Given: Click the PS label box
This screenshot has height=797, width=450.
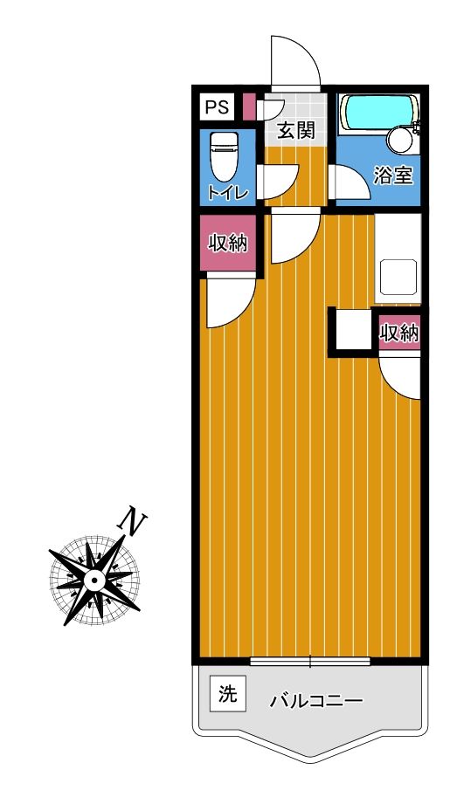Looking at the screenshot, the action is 217,107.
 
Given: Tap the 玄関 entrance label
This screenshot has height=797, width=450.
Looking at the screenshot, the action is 295,131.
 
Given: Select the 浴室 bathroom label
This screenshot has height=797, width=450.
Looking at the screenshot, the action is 392,175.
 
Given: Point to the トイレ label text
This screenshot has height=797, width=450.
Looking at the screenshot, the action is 227,193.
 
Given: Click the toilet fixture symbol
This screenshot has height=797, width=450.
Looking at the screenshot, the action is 224,156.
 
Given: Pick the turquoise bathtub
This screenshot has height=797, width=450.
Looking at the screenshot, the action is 379,113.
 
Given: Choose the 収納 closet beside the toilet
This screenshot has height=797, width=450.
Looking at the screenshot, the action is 227,243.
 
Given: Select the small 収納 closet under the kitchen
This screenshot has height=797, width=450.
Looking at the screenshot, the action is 399,333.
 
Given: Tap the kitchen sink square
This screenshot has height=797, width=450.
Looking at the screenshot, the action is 398,277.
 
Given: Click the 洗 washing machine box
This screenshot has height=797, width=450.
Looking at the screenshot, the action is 227,694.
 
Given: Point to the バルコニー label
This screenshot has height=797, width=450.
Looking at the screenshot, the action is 316,702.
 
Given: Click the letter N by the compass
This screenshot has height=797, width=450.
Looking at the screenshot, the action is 133,520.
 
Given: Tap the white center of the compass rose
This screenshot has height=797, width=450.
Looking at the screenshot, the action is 94,580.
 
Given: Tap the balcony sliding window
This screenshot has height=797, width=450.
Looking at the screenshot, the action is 310,662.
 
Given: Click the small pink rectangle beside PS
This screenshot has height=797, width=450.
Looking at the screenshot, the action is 248,106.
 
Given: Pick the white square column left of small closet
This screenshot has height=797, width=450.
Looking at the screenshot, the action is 353,333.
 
